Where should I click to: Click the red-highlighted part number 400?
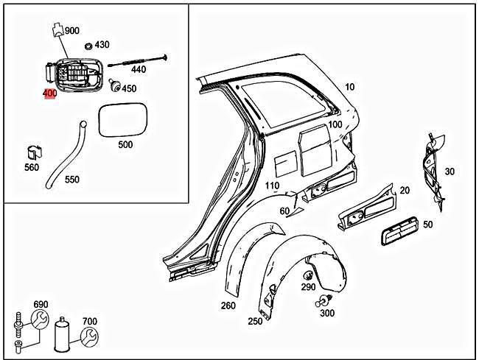pos(50,93)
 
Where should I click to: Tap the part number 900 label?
pos(72,31)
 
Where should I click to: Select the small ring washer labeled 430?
pos(88,45)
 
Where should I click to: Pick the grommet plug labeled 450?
pos(113,85)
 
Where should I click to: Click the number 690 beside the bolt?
pos(41,304)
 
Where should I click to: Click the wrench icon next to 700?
pos(88,337)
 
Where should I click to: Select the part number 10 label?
pos(349,87)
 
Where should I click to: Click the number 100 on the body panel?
pos(335,125)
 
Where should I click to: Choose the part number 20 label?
pos(404,191)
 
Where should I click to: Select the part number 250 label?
pos(255,322)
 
